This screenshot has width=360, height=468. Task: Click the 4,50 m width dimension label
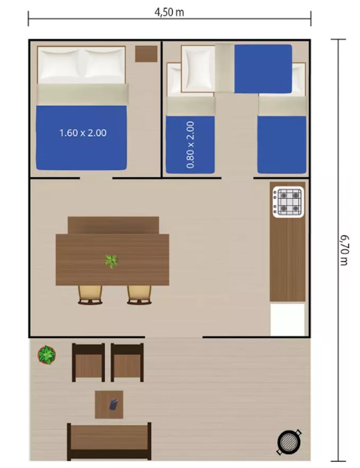(x=169, y=12)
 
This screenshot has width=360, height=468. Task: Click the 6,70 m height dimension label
(x=344, y=250)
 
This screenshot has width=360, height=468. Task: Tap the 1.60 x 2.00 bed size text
(x=83, y=133)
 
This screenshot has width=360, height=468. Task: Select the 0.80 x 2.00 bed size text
(x=191, y=145)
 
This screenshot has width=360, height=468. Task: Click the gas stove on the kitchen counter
(x=288, y=202)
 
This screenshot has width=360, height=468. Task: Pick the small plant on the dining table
(x=111, y=261)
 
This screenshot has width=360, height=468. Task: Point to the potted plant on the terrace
(x=47, y=355)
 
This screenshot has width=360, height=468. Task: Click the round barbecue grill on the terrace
(x=289, y=442)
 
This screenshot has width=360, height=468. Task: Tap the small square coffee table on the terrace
(x=109, y=404)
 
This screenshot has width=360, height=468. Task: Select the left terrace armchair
(x=88, y=362)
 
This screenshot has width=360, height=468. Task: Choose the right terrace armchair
(x=127, y=362)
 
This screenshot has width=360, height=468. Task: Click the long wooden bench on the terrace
(x=109, y=441)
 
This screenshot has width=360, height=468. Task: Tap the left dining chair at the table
(x=90, y=295)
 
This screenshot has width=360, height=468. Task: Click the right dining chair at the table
(x=139, y=295)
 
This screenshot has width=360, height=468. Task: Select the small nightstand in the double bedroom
(x=146, y=54)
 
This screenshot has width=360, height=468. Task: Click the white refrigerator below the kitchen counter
(x=287, y=319)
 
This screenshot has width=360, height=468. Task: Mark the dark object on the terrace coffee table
(x=113, y=404)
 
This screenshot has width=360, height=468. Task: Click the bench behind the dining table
(x=113, y=225)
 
